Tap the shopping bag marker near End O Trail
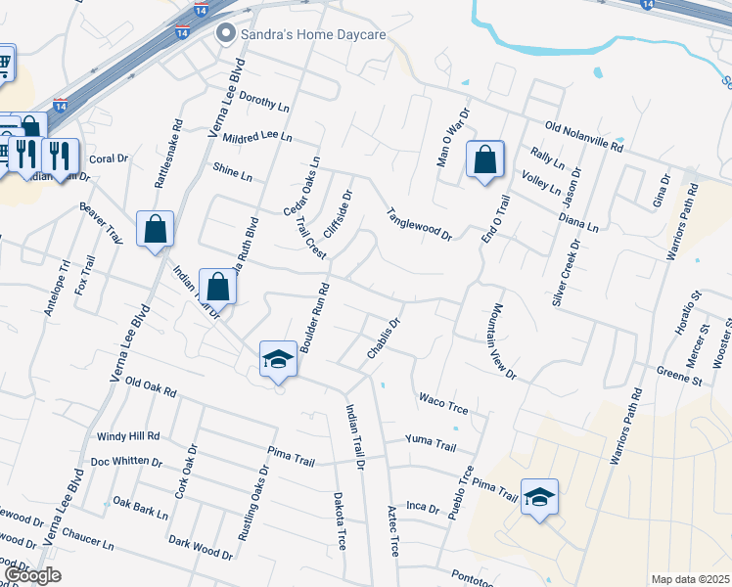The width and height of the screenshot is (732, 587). pyautogui.click(x=484, y=159)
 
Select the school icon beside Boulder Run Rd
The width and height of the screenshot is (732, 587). pyautogui.click(x=279, y=360)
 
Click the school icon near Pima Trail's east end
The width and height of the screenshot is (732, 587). pyautogui.click(x=539, y=497)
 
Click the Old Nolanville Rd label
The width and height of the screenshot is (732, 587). pyautogui.click(x=584, y=137)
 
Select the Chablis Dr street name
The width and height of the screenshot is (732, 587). pyautogui.click(x=383, y=338)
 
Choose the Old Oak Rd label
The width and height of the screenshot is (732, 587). pyautogui.click(x=151, y=387)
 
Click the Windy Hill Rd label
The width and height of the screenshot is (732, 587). pyautogui.click(x=127, y=436)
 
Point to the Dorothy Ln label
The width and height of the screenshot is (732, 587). pyautogui.click(x=264, y=102)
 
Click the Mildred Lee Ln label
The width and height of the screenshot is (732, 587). pyautogui.click(x=257, y=138)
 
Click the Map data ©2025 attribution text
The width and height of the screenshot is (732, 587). pyautogui.click(x=690, y=579)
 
